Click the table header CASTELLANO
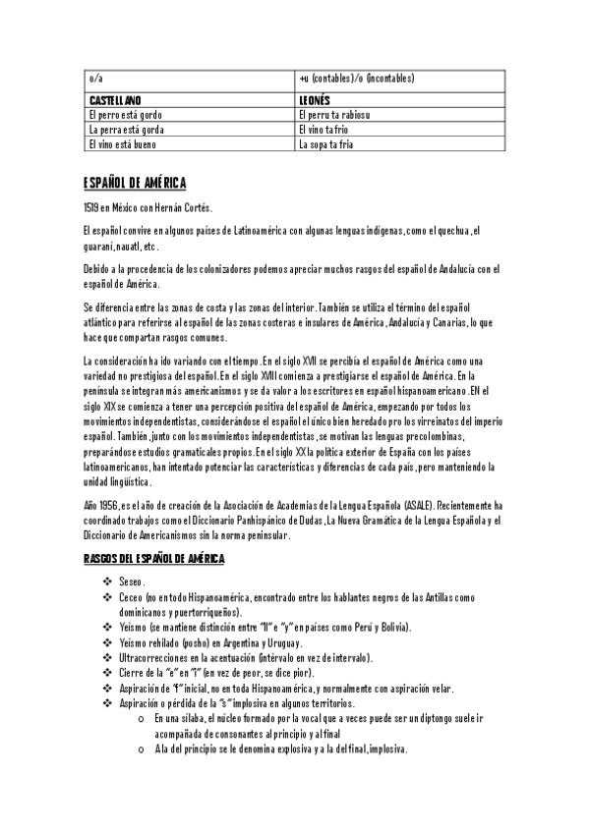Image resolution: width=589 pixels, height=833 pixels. click(x=115, y=100)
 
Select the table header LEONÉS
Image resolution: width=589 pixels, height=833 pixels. click(x=314, y=100)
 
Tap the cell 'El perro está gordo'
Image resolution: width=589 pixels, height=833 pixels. click(x=125, y=115)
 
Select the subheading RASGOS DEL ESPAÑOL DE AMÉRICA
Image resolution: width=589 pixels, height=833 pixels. click(x=153, y=559)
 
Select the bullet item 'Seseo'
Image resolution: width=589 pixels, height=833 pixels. click(x=131, y=583)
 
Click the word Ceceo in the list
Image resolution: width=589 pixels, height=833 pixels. click(x=131, y=597)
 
